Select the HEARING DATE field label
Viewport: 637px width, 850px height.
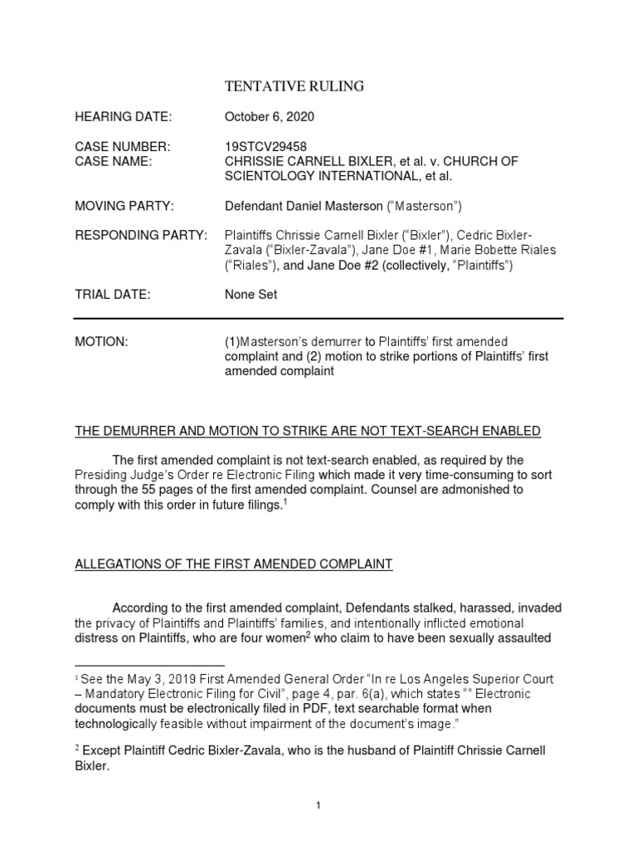click(123, 117)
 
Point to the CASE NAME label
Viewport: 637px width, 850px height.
click(114, 162)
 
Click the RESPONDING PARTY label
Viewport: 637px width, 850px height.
click(141, 236)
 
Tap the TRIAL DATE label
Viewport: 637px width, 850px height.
click(113, 294)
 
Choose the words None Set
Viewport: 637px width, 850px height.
click(251, 294)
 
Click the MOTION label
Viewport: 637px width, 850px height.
click(101, 342)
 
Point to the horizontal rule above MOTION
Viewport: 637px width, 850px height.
click(318, 318)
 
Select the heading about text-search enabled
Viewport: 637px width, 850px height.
click(308, 431)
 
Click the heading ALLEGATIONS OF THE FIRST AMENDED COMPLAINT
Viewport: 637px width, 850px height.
click(234, 564)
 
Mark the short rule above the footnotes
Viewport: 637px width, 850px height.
click(149, 665)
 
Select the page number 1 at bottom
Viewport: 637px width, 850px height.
click(318, 805)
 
